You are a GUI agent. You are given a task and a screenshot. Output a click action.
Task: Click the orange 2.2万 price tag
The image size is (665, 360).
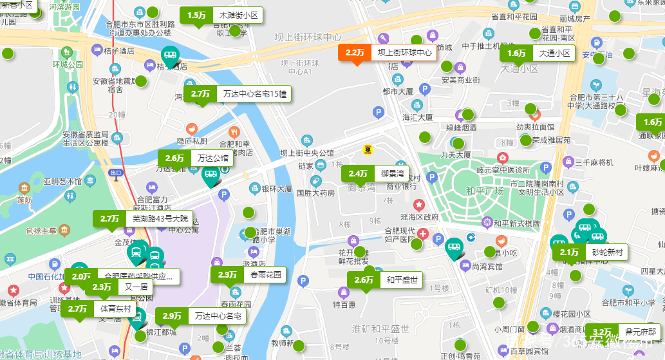point(387,53)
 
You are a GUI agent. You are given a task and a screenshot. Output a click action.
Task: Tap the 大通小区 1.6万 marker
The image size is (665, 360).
point(537,53)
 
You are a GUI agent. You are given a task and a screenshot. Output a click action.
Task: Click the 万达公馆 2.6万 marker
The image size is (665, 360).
point(196,158)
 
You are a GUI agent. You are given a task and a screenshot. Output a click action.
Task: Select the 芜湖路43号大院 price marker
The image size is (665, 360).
point(142,219)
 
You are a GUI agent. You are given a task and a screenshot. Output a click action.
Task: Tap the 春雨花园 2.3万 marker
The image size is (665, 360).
point(249,275)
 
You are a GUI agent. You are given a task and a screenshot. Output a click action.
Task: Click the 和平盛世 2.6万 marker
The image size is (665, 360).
point(385,280)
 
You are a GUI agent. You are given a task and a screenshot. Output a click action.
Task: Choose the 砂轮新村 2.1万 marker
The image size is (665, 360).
point(590,252)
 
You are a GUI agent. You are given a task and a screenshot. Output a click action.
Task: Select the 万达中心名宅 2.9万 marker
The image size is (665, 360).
point(201,316)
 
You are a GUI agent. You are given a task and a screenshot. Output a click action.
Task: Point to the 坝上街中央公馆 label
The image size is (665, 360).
point(307,153)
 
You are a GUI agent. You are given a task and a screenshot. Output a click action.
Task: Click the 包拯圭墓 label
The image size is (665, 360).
point(43,230)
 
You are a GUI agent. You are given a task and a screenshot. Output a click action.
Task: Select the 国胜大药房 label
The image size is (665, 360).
point(315,193)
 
